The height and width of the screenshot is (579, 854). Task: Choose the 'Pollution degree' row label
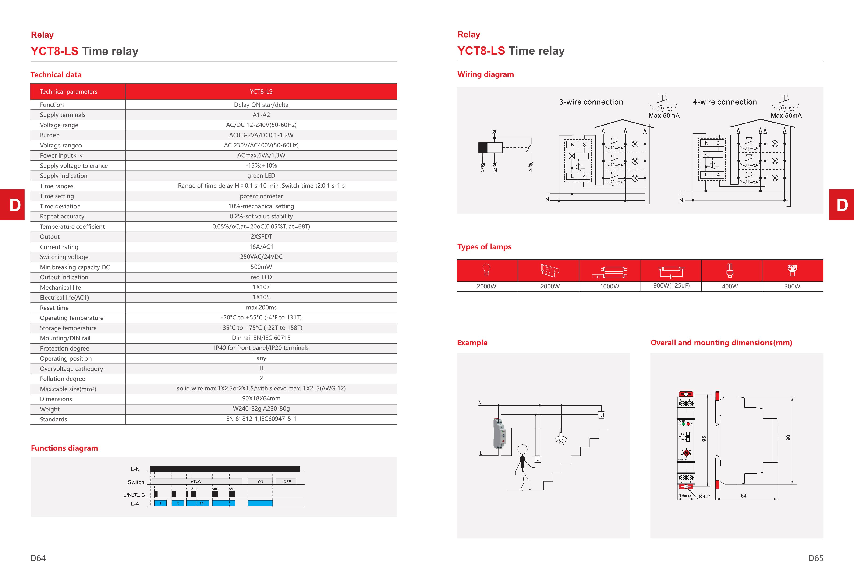[63, 379]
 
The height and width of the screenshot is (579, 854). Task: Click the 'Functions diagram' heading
[64, 448]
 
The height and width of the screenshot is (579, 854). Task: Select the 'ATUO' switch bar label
[196, 482]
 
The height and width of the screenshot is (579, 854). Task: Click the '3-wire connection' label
[591, 102]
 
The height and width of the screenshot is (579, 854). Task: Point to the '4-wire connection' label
[725, 102]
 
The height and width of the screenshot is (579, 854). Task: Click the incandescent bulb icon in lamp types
[486, 270]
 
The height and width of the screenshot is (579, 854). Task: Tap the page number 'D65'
[815, 558]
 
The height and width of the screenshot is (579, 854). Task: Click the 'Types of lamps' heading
[484, 247]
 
